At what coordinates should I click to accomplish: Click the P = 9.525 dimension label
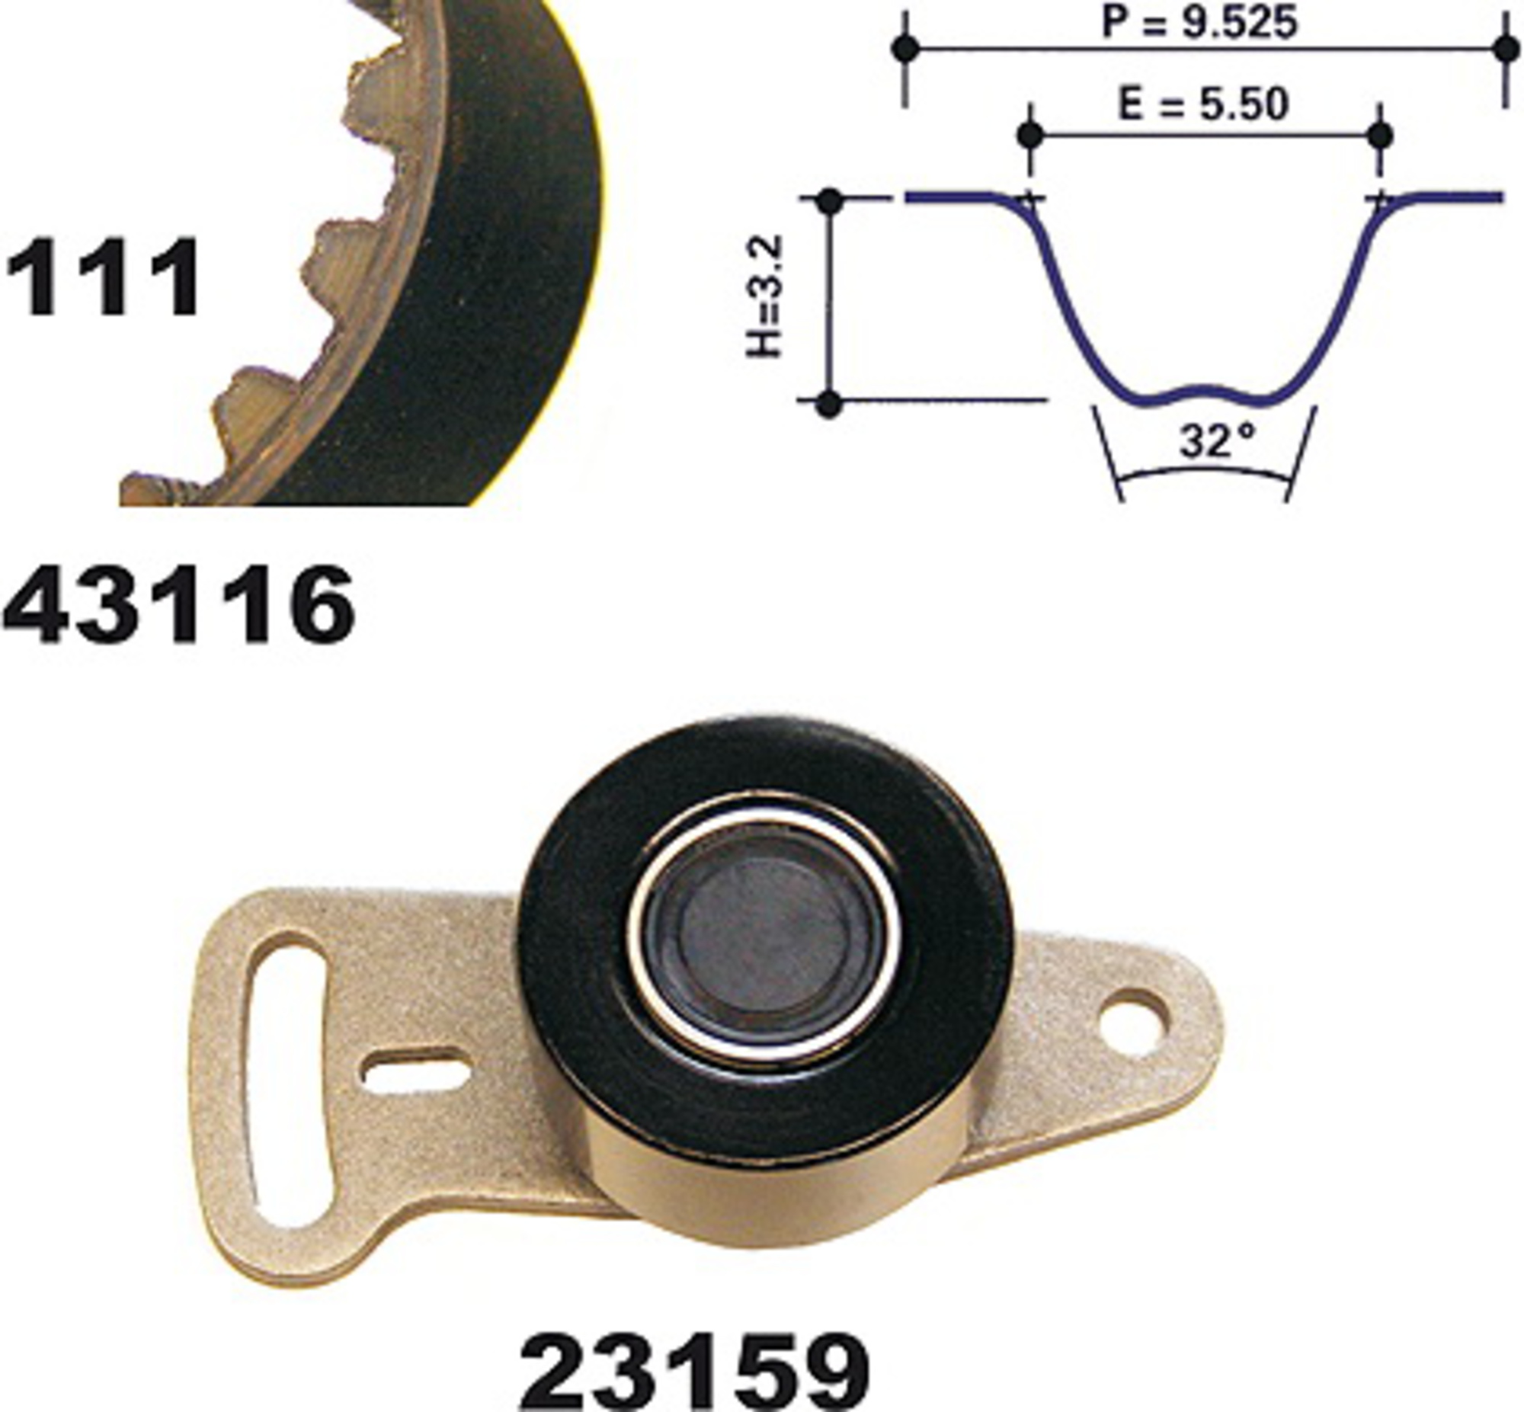point(1199,22)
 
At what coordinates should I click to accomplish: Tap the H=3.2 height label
point(765,296)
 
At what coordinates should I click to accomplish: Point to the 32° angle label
point(1217,440)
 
